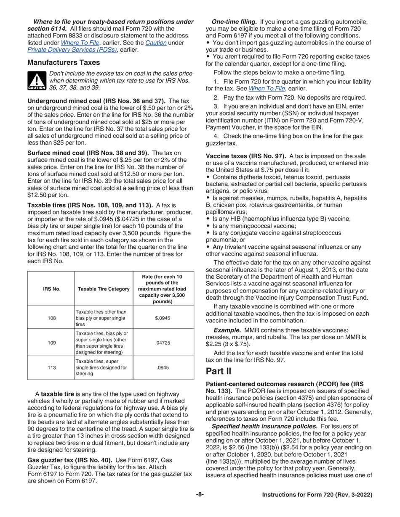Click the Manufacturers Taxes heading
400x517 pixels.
coord(63,63)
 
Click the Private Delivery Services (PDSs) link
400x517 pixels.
coord(71,50)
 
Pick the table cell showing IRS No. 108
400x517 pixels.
coord(51,318)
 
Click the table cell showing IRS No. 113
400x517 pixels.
coord(51,368)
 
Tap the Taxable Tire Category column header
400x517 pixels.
coord(103,289)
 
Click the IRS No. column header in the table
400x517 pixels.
coord(51,289)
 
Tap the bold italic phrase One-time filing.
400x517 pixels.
coord(234,21)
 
